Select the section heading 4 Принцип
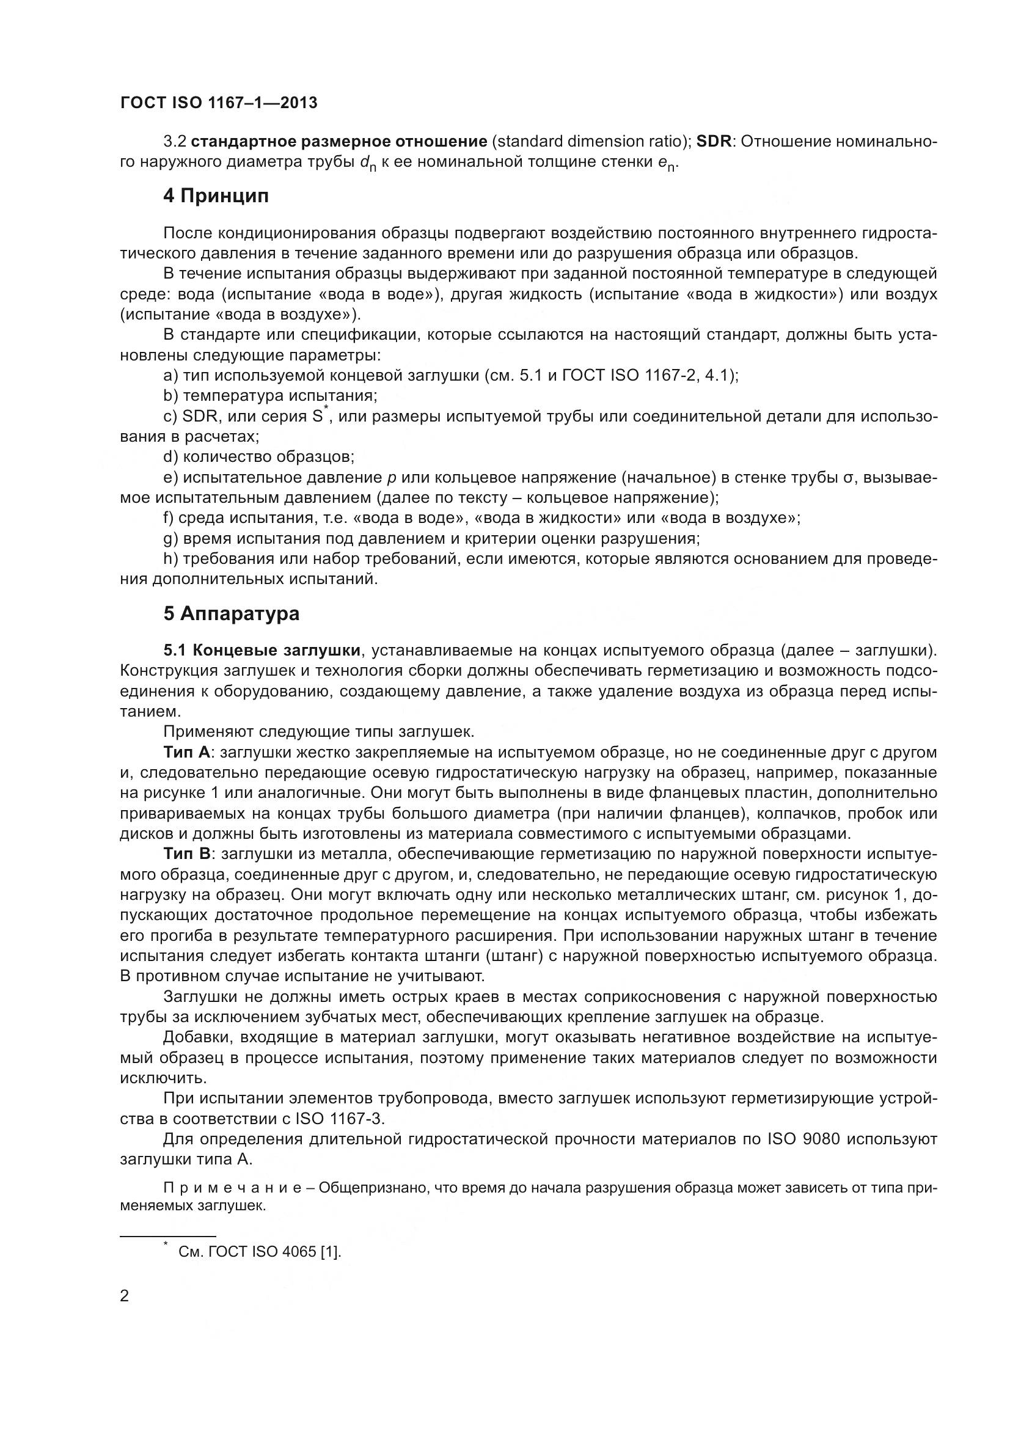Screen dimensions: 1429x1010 pos(216,196)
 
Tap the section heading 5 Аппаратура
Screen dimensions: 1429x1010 pos(231,613)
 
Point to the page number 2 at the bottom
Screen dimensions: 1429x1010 pos(125,1296)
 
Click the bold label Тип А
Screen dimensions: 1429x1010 pos(188,753)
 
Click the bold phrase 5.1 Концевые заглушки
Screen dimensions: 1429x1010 pos(262,651)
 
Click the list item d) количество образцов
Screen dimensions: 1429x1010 pos(258,457)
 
